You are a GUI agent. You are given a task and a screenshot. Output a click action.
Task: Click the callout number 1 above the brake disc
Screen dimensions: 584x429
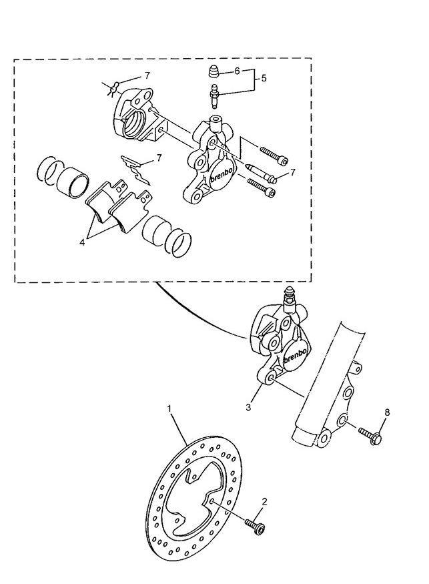pyautogui.click(x=169, y=406)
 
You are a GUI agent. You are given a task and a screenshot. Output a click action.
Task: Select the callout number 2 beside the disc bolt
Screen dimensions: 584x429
pyautogui.click(x=264, y=501)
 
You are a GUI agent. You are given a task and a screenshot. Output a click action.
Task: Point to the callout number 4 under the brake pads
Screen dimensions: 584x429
pyautogui.click(x=82, y=242)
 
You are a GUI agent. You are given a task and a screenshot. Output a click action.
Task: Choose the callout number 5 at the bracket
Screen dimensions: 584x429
pyautogui.click(x=263, y=78)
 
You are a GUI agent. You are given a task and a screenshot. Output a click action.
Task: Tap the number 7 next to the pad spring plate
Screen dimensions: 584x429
pyautogui.click(x=159, y=158)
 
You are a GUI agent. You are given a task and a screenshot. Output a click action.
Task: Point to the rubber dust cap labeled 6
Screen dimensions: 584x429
pyautogui.click(x=215, y=72)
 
